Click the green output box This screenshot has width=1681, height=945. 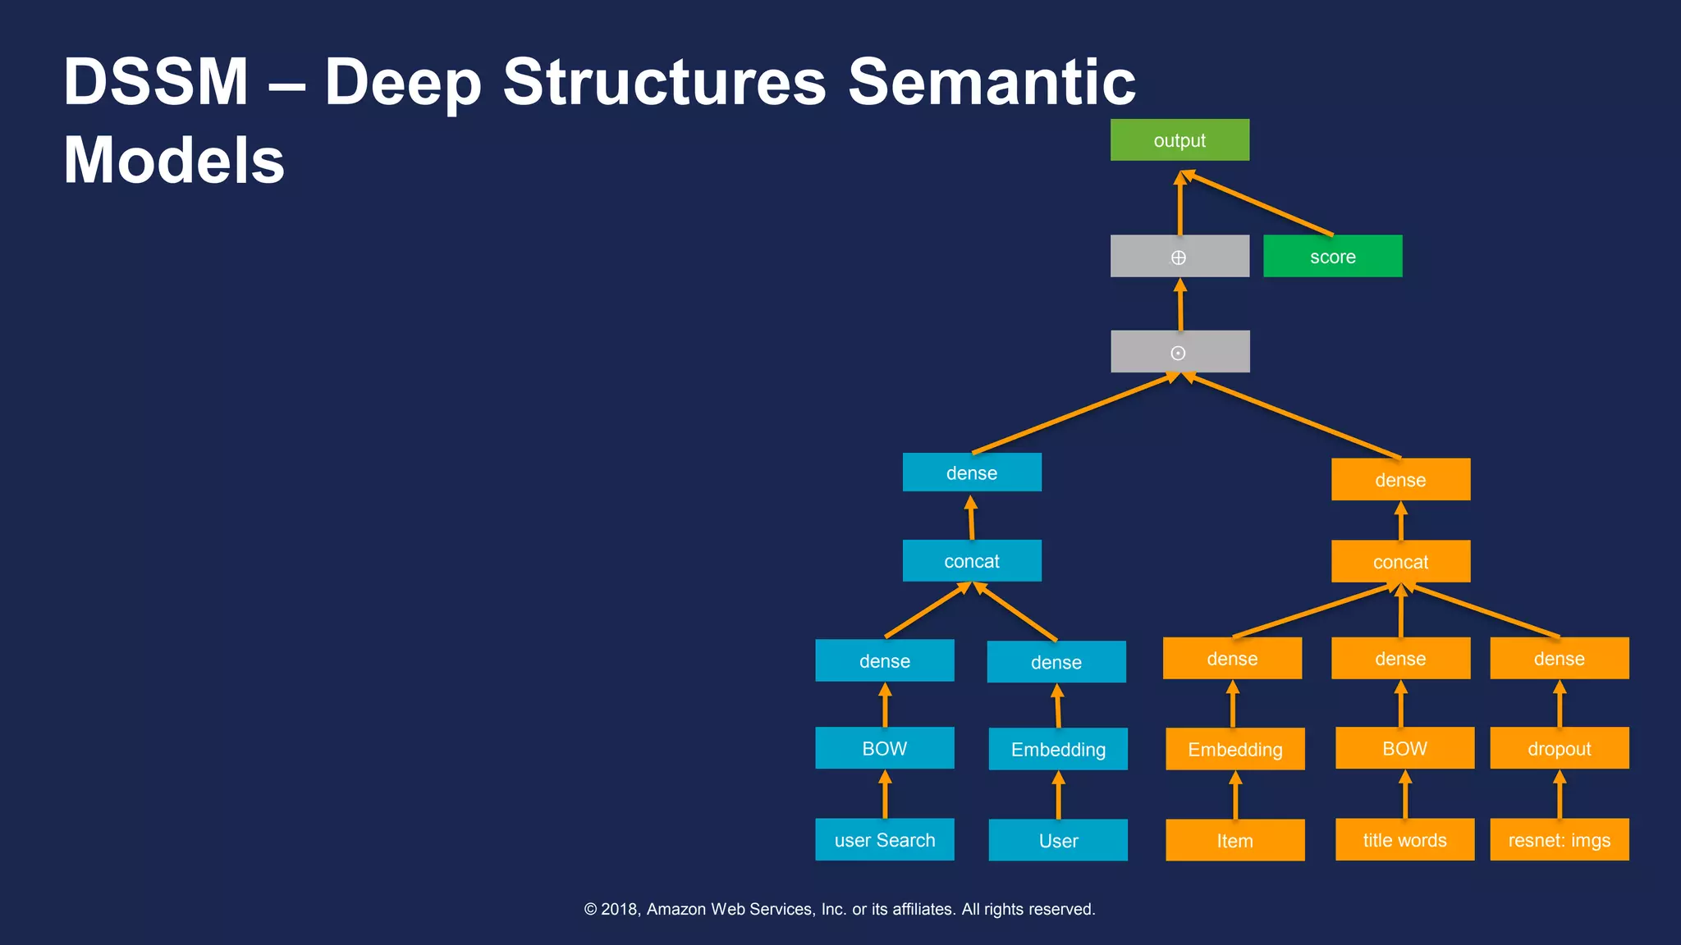[x=1179, y=140]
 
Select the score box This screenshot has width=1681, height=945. [x=1332, y=257]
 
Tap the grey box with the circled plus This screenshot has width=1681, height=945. [x=1179, y=257]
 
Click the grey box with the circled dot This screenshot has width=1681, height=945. [x=1179, y=352]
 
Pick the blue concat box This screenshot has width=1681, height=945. [x=972, y=561]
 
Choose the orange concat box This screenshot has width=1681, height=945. [x=1400, y=562]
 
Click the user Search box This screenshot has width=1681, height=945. [x=884, y=840]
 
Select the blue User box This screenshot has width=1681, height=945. [x=1058, y=841]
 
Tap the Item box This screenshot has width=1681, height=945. [x=1234, y=841]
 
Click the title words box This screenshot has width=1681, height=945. [x=1404, y=840]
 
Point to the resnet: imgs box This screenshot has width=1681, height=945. [x=1559, y=840]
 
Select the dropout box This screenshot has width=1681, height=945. [x=1559, y=748]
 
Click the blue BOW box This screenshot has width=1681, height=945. [x=884, y=748]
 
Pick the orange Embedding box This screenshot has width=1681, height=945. [x=1234, y=749]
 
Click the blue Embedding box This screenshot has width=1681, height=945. [x=1058, y=749]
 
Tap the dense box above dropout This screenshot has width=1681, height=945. [x=1559, y=659]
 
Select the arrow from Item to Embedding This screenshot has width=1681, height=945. [x=1234, y=796]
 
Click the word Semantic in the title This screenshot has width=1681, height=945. [x=992, y=82]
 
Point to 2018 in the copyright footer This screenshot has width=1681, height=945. [x=619, y=909]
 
